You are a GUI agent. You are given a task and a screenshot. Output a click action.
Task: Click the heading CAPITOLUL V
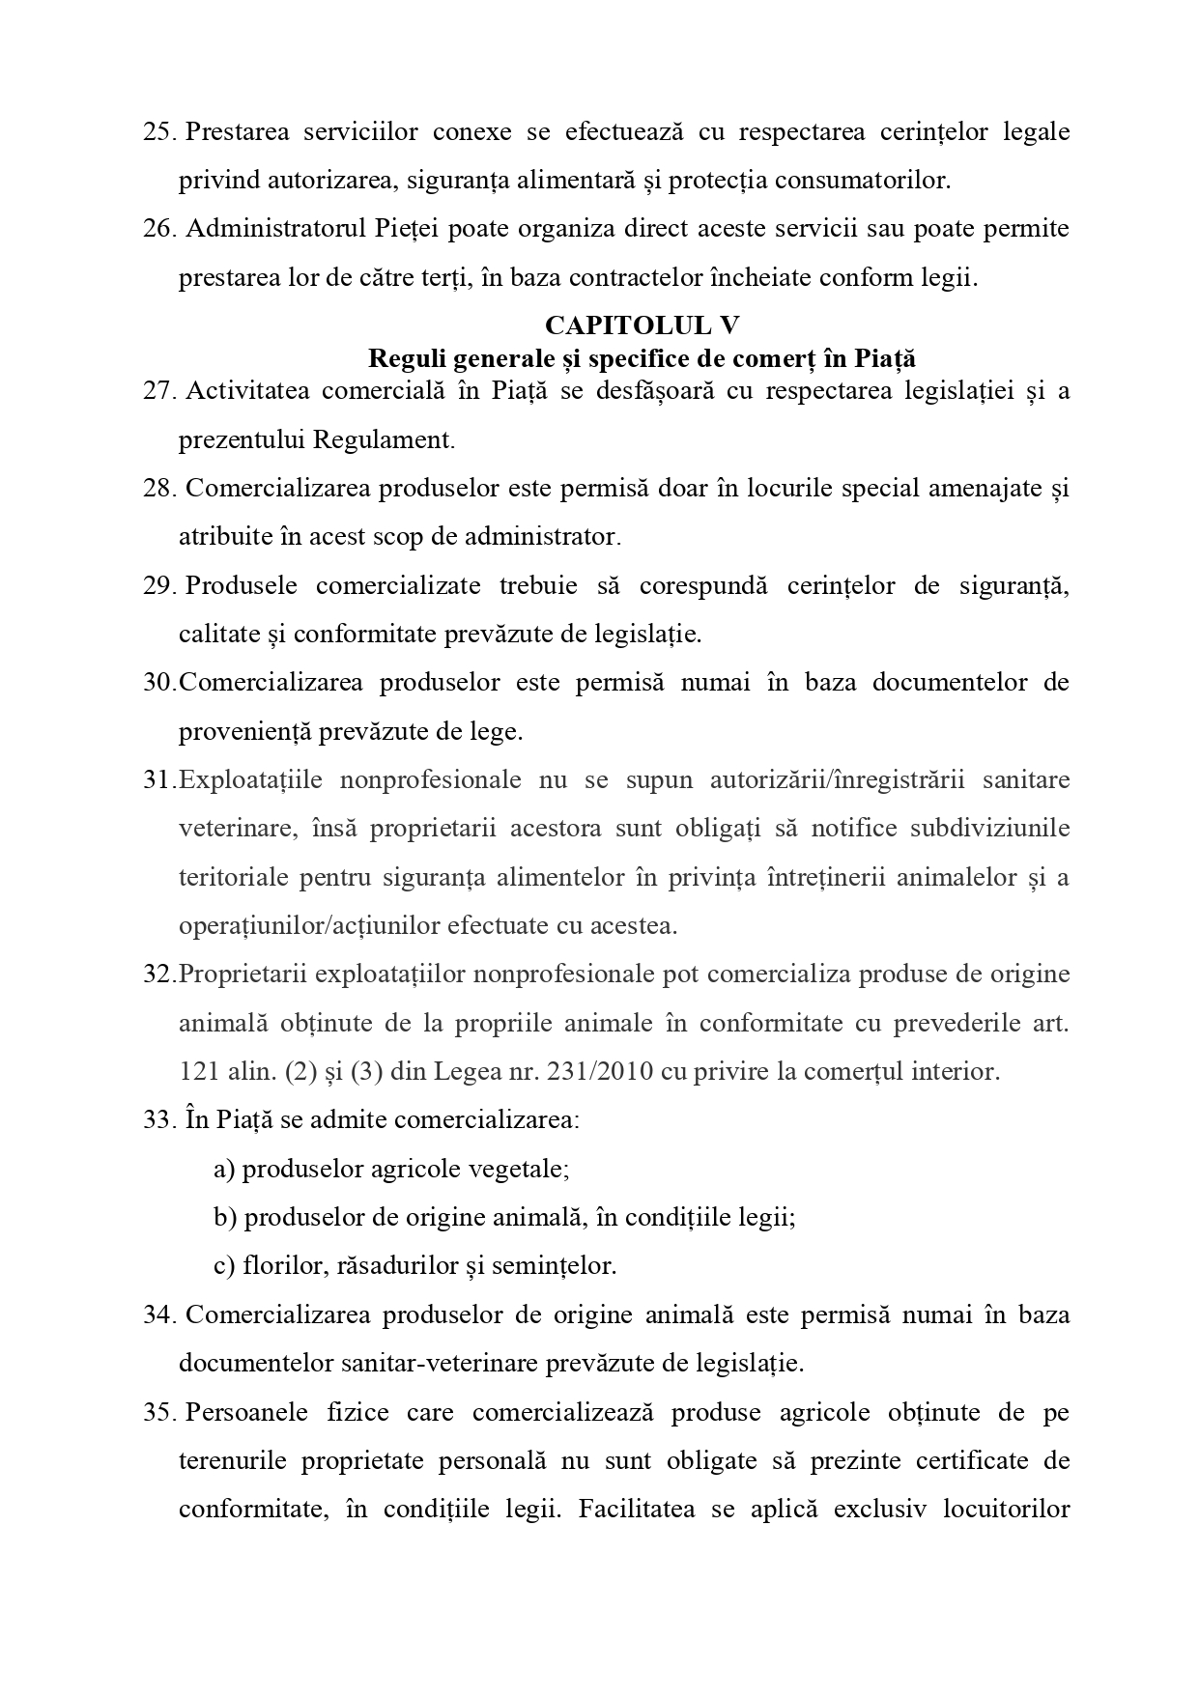tap(642, 325)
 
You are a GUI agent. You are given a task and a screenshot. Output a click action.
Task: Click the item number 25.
tap(158, 131)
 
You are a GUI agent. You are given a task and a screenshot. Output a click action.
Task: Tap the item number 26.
tap(158, 229)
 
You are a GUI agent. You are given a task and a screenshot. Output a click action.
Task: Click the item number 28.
tap(158, 489)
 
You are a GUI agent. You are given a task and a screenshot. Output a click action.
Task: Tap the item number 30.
tap(158, 683)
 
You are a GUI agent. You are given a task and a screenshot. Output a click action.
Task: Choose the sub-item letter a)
tap(224, 1170)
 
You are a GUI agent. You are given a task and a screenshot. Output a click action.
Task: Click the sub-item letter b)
tap(225, 1218)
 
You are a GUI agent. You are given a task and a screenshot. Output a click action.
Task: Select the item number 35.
tap(158, 1413)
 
